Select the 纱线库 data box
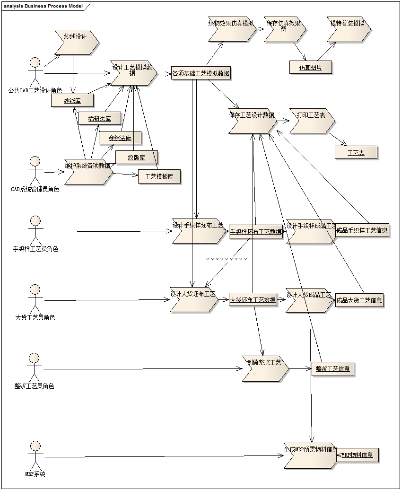coord(72,100)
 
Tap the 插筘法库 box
coord(99,119)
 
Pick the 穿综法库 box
coord(120,138)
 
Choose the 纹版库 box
coord(136,157)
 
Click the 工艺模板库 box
coord(159,177)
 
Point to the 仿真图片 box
coord(310,68)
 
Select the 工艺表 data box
coord(356,153)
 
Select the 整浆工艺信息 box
coord(332,369)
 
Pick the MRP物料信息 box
coord(357,455)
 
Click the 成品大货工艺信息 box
coord(359,300)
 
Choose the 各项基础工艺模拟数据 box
coord(201,73)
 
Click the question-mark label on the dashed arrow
coord(227,260)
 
